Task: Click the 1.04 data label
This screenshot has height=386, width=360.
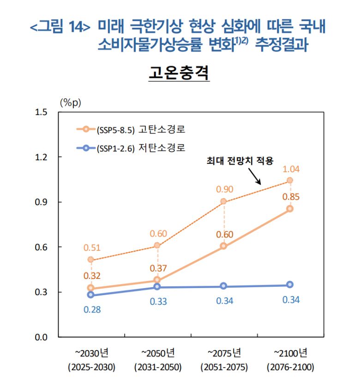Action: click(x=291, y=169)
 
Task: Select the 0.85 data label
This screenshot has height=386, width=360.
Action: click(x=291, y=197)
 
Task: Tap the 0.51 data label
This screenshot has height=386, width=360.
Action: click(x=91, y=248)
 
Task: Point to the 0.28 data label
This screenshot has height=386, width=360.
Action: click(x=91, y=309)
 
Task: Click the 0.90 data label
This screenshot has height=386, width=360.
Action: click(x=224, y=189)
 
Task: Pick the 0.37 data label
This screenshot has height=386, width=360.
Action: click(x=158, y=268)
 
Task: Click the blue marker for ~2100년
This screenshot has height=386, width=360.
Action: click(x=290, y=285)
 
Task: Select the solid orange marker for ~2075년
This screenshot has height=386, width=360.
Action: click(x=223, y=246)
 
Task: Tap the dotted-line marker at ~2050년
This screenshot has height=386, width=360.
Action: click(x=157, y=246)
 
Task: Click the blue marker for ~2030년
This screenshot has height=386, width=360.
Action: click(x=90, y=295)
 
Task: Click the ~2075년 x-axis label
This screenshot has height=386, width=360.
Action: click(x=224, y=355)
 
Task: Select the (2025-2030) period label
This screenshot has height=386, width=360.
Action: click(x=91, y=368)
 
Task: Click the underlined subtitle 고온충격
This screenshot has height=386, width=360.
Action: click(x=179, y=72)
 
